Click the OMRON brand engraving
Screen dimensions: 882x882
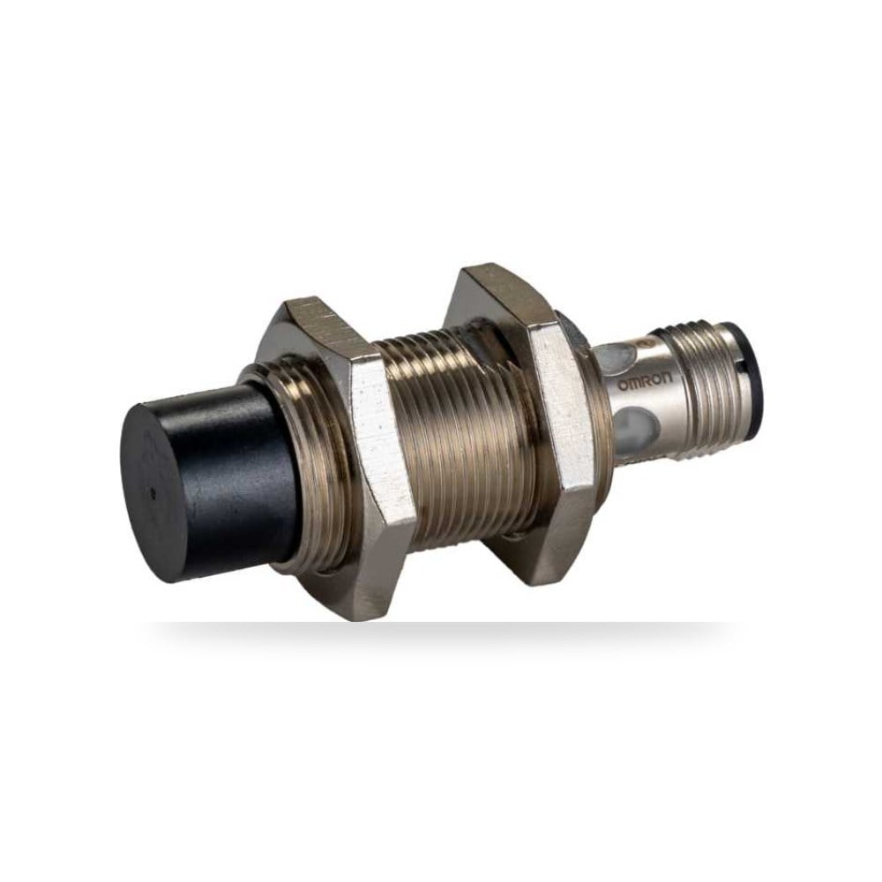click(646, 385)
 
